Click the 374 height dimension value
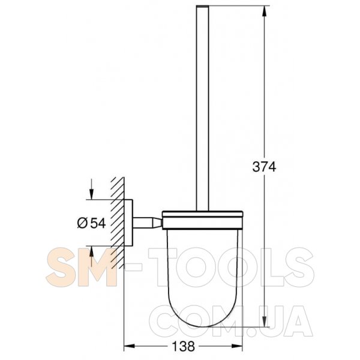pyautogui.click(x=264, y=167)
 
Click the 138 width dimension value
pyautogui.click(x=183, y=346)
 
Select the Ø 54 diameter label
pyautogui.click(x=91, y=223)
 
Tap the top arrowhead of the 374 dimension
pyautogui.click(x=264, y=11)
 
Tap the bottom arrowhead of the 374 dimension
pyautogui.click(x=264, y=321)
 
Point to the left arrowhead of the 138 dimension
pyautogui.click(x=129, y=346)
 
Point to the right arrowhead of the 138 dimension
pyautogui.click(x=237, y=346)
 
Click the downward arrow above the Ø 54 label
pyautogui.click(x=91, y=189)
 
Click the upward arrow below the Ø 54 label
pyautogui.click(x=91, y=256)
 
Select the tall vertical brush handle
pyautogui.click(x=203, y=108)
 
